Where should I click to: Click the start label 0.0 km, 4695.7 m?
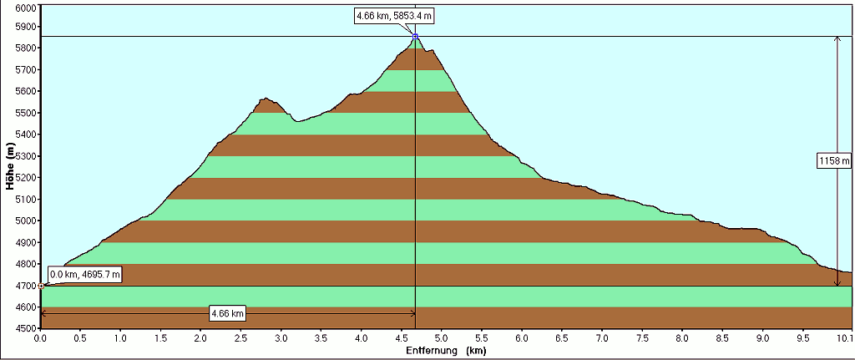pos(86,274)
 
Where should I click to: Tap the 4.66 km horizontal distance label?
pos(228,313)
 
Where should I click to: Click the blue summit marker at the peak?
pos(415,37)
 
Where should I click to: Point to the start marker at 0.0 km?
pos(41,286)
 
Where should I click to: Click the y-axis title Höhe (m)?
pos(11,166)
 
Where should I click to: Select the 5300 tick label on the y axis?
pos(26,156)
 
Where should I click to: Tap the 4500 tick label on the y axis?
pos(26,328)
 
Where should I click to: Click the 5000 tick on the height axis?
pos(26,221)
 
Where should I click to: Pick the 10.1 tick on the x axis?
pos(843,339)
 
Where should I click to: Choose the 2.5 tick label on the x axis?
pos(241,339)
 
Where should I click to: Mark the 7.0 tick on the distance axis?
pos(602,339)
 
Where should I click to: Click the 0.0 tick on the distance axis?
pos(41,339)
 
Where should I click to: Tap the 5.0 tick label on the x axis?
pos(442,339)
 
